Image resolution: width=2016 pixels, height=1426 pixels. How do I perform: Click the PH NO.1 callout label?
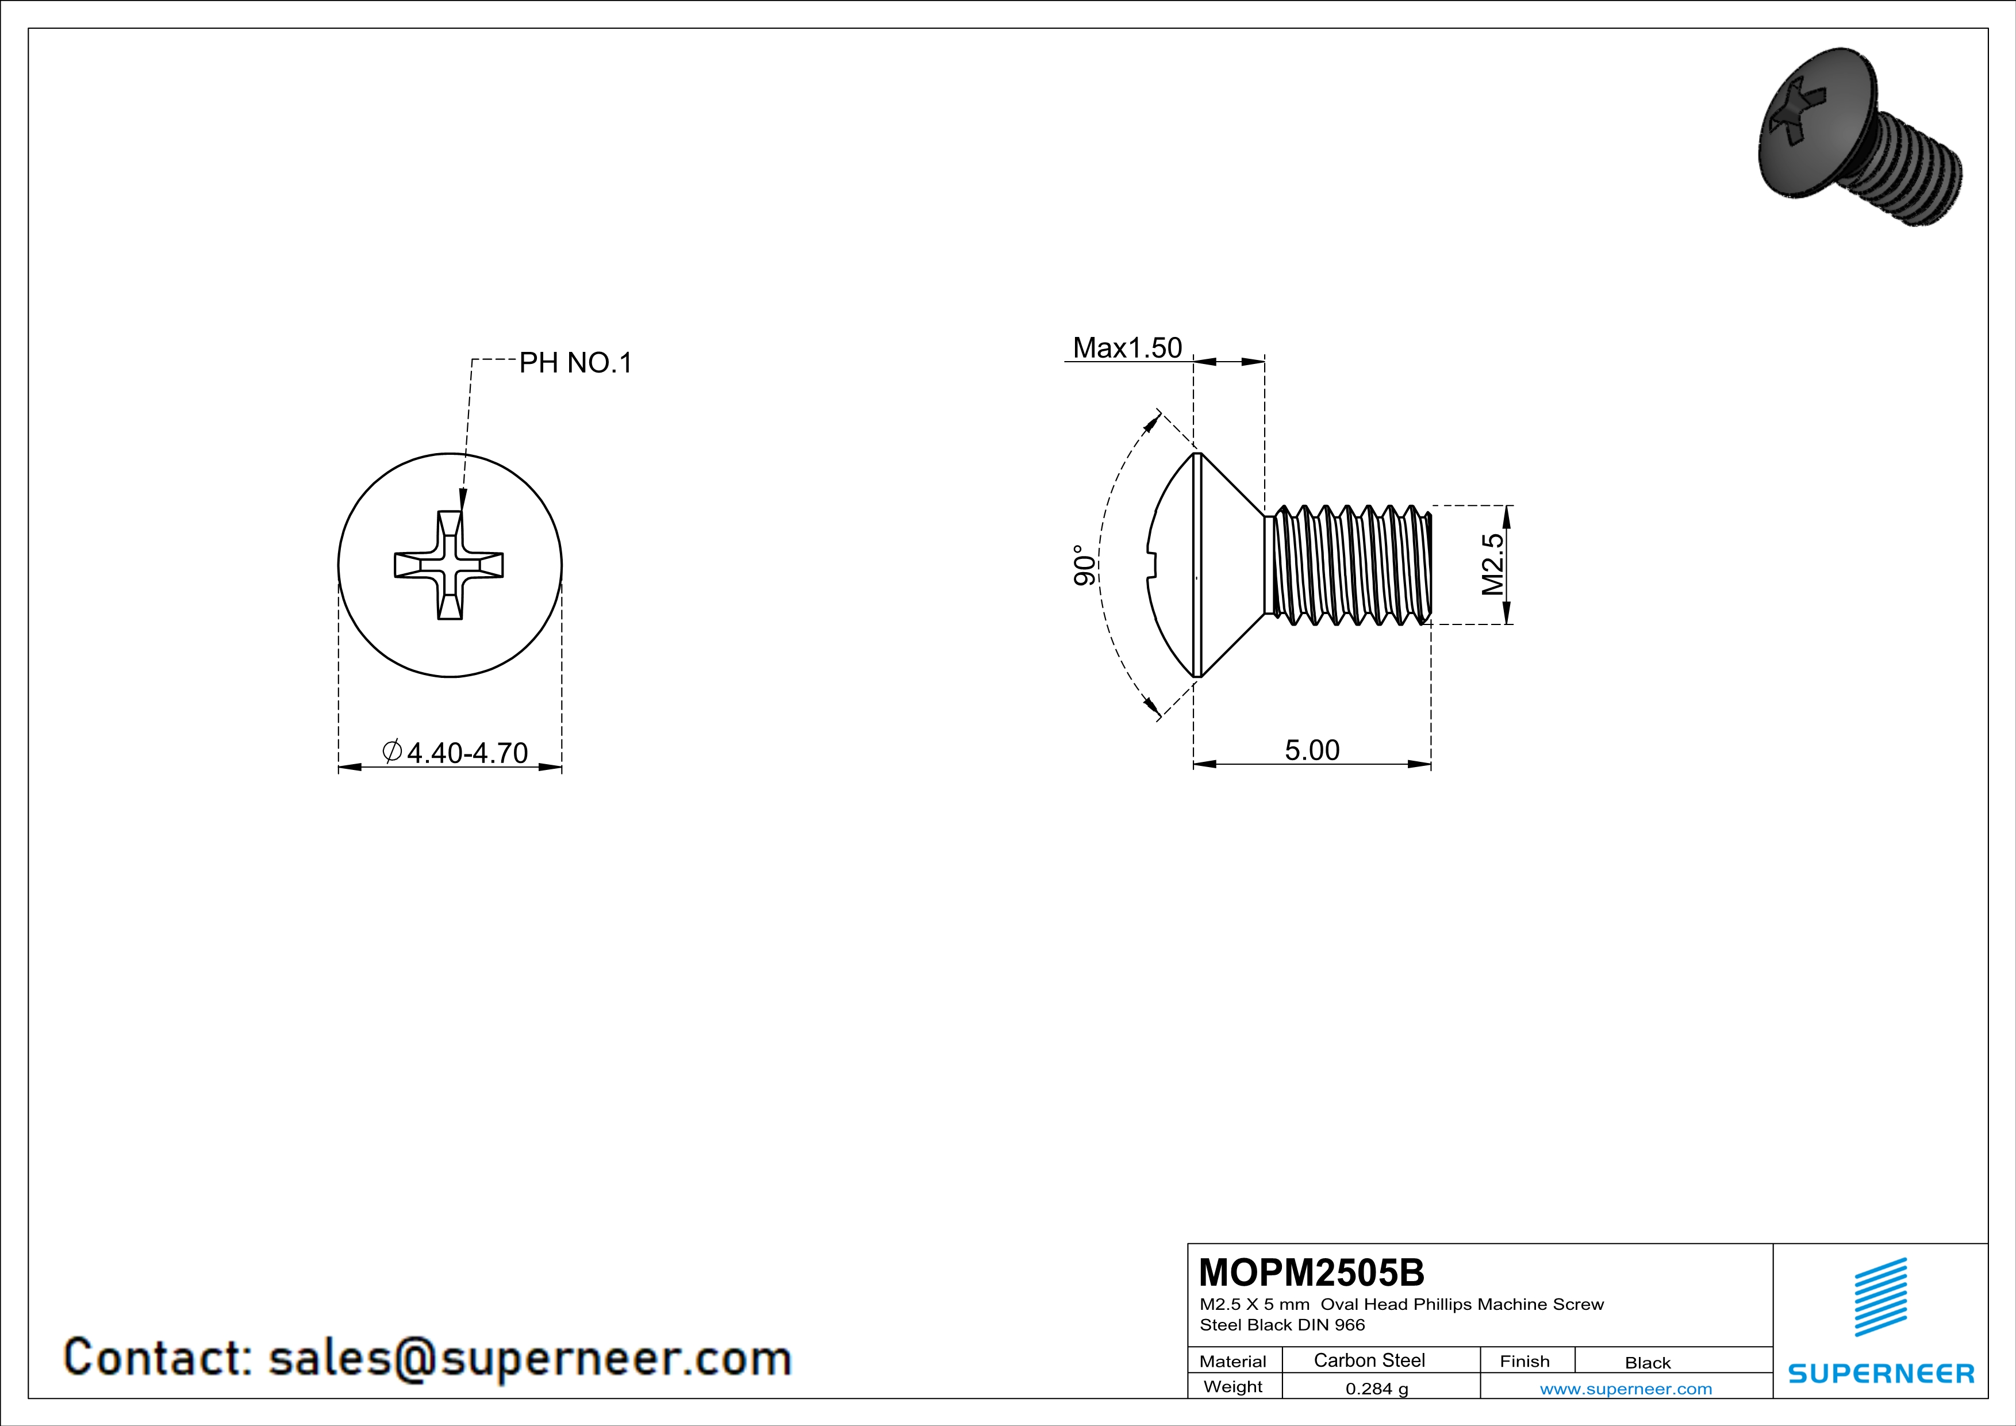point(575,363)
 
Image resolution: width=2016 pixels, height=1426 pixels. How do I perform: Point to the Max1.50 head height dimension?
point(1127,348)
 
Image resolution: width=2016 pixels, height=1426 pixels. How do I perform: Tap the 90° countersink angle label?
point(1084,565)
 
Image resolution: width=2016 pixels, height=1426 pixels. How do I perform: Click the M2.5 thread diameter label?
point(1493,565)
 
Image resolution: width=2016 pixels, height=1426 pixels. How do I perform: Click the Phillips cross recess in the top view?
point(449,565)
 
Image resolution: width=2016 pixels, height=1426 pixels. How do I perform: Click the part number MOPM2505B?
point(1311,1272)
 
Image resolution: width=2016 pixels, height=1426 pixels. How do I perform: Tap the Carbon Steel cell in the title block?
point(1369,1360)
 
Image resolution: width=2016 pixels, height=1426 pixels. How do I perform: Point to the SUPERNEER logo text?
point(1881,1373)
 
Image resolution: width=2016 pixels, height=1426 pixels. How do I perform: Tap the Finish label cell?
point(1525,1361)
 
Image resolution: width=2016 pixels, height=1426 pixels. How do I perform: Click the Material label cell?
point(1233,1361)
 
